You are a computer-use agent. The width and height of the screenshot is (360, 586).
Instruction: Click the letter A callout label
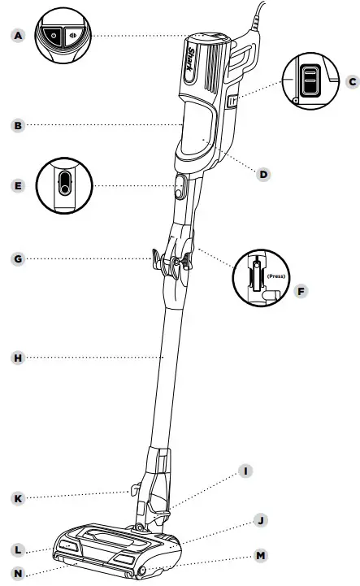coord(18,36)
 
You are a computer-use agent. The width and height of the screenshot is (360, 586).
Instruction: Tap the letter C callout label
coord(353,81)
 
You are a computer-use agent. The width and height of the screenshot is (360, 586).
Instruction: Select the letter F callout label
coord(301,291)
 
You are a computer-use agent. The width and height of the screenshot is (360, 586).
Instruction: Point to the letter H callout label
coord(18,358)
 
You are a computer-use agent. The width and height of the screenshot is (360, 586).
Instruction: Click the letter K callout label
coord(18,498)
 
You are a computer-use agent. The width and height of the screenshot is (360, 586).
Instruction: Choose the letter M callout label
coord(261,556)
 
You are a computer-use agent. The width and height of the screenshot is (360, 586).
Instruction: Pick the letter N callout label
coord(18,574)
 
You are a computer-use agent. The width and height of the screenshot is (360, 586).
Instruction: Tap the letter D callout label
coord(263,174)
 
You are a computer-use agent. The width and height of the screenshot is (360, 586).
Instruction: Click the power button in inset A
coord(53,37)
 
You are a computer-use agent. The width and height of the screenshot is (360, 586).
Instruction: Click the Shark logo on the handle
coord(191,59)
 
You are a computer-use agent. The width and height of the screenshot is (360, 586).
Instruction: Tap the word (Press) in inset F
coord(275,276)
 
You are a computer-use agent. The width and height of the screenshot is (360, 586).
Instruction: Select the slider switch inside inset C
coord(310,80)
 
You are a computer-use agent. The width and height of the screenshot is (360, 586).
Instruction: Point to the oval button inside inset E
coord(65,183)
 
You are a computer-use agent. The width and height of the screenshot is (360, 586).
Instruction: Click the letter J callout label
coord(261,520)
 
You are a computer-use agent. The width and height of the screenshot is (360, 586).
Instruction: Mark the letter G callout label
coord(18,259)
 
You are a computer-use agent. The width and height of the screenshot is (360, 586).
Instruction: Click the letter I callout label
coord(245,471)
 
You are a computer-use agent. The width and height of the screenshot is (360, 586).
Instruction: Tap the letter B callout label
coord(18,125)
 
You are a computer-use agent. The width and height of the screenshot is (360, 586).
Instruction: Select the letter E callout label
coord(18,186)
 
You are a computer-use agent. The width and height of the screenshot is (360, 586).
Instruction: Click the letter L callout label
coord(18,550)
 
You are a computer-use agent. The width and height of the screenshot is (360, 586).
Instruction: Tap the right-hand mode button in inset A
coord(74,37)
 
